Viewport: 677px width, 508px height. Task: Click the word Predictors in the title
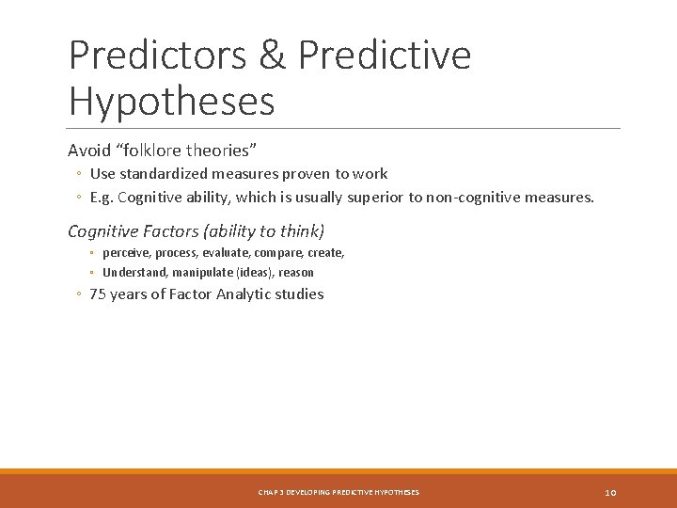[155, 56]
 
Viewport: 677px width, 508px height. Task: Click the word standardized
[163, 174]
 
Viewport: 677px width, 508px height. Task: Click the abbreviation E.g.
[102, 198]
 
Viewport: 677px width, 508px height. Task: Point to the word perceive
[126, 253]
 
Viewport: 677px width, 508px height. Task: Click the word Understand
[133, 273]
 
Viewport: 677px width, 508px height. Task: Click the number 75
[99, 294]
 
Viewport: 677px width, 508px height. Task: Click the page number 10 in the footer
[610, 492]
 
